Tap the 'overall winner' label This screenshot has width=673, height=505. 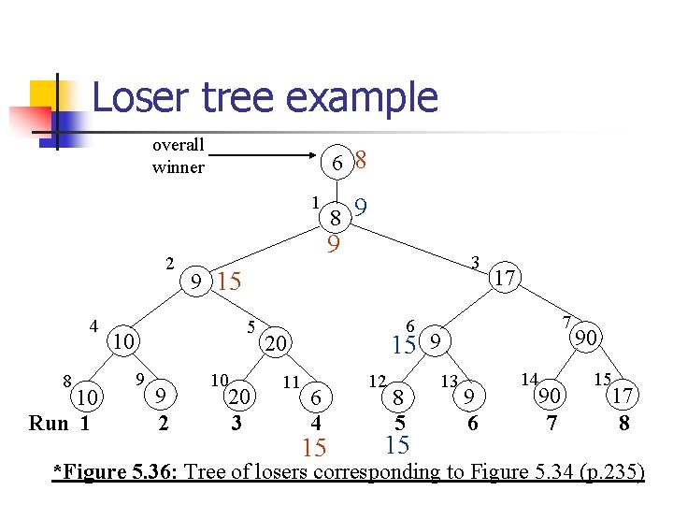point(178,156)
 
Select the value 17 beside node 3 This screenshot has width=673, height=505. point(506,278)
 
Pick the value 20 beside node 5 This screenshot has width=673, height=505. point(275,345)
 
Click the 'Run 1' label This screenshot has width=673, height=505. point(59,423)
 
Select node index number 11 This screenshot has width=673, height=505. point(290,382)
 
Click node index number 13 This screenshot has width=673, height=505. point(449,382)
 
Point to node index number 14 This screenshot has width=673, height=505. point(529,381)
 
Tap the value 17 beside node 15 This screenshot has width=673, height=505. point(623,397)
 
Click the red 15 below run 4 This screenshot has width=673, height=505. point(315,448)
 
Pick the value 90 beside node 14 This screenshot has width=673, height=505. point(551,397)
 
